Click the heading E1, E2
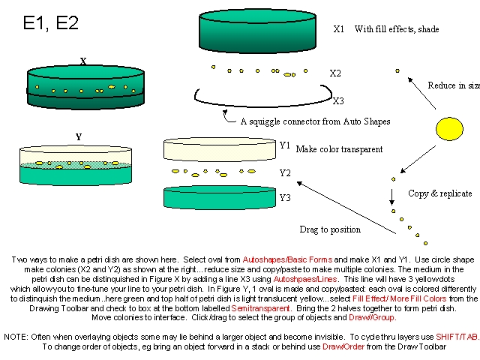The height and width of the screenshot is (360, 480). click(50, 23)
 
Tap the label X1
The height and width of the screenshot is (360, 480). click(338, 29)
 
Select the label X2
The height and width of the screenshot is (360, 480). click(335, 73)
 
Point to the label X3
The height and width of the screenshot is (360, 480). click(338, 100)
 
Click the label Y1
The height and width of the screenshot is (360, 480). click(285, 145)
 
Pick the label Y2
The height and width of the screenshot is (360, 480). click(285, 173)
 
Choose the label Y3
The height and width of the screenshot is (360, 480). click(285, 198)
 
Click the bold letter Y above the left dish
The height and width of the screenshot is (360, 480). click(78, 137)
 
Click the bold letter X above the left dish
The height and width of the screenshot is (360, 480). click(83, 61)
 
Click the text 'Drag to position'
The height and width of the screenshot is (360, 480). click(330, 229)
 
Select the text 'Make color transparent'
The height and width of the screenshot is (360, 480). click(339, 149)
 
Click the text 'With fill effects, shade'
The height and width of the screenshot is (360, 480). click(397, 29)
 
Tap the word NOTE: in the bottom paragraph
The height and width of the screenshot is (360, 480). click(16, 337)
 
